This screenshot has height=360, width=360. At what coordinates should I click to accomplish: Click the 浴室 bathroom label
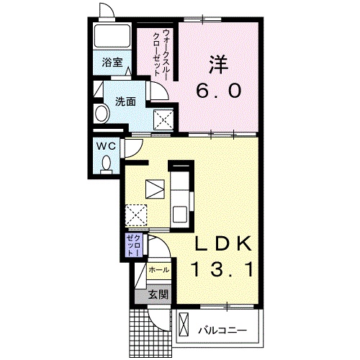pyautogui.click(x=112, y=63)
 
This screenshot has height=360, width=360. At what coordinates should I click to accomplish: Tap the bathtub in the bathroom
pyautogui.click(x=112, y=36)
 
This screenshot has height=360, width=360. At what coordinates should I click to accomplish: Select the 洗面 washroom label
pyautogui.click(x=125, y=102)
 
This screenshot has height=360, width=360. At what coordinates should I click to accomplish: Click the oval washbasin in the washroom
pyautogui.click(x=102, y=114)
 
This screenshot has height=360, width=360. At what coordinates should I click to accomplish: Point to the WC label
pyautogui.click(x=106, y=145)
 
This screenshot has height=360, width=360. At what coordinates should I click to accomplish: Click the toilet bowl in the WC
pyautogui.click(x=106, y=163)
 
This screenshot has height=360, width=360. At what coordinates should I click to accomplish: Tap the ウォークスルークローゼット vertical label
pyautogui.click(x=161, y=53)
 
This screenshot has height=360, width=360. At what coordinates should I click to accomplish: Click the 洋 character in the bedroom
pyautogui.click(x=218, y=64)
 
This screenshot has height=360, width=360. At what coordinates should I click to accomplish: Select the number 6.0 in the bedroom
pyautogui.click(x=219, y=91)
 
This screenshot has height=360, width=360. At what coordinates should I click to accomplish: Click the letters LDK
pyautogui.click(x=223, y=243)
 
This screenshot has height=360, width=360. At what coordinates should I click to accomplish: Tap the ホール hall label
pyautogui.click(x=158, y=270)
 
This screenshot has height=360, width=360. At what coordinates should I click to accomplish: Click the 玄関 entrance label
pyautogui.click(x=158, y=294)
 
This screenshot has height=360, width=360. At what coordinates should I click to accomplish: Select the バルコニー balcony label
pyautogui.click(x=222, y=331)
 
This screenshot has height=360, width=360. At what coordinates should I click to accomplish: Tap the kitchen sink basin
pyautogui.click(x=181, y=215)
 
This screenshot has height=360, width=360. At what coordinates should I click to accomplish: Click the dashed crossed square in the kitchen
pyautogui.click(x=136, y=215)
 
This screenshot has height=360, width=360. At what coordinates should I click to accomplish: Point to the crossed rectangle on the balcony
pyautogui.click(x=184, y=325)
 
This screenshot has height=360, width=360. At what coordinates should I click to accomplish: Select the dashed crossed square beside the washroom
pyautogui.click(x=163, y=120)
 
